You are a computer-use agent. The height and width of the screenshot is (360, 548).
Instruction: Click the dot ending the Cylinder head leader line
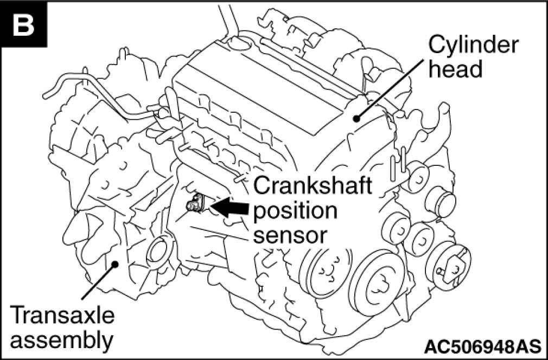pyautogui.click(x=356, y=118)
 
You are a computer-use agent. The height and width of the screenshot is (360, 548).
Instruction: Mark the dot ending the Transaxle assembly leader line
pyautogui.click(x=114, y=265)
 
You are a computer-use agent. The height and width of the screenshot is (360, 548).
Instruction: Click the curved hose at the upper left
pyautogui.click(x=98, y=92)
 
